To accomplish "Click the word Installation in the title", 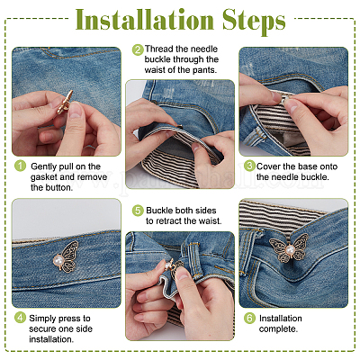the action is pyautogui.click(x=145, y=20).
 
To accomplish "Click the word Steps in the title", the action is pyautogui.click(x=254, y=22).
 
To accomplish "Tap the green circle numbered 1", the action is pyautogui.click(x=21, y=166).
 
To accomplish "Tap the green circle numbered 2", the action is pyautogui.click(x=138, y=49).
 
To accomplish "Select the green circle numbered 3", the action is pyautogui.click(x=249, y=166).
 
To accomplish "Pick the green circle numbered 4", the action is pyautogui.click(x=20, y=318).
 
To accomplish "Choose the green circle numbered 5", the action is pyautogui.click(x=138, y=211).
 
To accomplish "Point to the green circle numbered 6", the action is pyautogui.click(x=249, y=318).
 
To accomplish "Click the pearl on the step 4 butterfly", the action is pyautogui.click(x=58, y=260).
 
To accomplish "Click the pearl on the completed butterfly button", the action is pyautogui.click(x=290, y=249).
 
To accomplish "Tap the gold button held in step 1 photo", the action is pyautogui.click(x=65, y=103).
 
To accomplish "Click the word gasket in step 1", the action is pyautogui.click(x=44, y=177).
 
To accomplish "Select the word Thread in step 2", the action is pyautogui.click(x=159, y=49).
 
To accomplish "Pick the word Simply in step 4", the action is pyautogui.click(x=42, y=319).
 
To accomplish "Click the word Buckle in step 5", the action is pyautogui.click(x=159, y=211).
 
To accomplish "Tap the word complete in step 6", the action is pyautogui.click(x=278, y=329).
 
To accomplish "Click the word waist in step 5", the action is pyautogui.click(x=210, y=221).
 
